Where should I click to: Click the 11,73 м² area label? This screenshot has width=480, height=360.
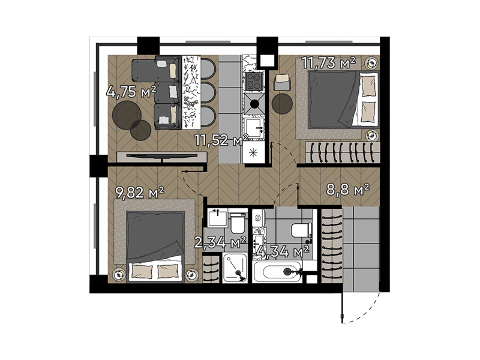coord(329,63)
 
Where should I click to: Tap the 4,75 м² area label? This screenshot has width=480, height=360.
coord(131,92)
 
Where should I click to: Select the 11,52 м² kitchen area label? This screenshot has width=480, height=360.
coord(221,140)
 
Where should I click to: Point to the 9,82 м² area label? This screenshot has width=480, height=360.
coord(140,192)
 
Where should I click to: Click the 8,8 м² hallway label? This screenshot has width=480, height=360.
coord(348,190)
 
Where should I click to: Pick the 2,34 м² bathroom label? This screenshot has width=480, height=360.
coord(220,242)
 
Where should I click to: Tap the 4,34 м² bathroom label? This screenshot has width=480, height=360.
coord(283,251)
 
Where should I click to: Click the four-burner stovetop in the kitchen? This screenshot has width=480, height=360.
coord(254,82)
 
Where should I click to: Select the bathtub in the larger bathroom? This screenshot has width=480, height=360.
coord(277,272)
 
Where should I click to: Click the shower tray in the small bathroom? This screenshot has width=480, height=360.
coord(235,268)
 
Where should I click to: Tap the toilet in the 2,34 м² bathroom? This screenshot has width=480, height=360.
coord(238,223)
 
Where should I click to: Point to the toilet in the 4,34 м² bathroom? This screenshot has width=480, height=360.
coord(302,230)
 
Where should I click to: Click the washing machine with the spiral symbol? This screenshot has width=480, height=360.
coord(259,218)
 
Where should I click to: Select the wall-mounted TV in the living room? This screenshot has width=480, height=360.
coord(162,156)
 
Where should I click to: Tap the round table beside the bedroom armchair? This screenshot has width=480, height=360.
coord(282,104)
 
